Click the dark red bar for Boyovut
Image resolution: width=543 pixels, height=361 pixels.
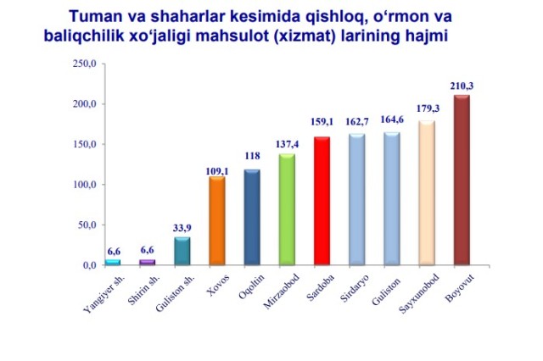(x=462, y=180)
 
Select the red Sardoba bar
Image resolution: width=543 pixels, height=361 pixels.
(x=322, y=201)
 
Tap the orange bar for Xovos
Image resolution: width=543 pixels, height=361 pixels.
(x=217, y=220)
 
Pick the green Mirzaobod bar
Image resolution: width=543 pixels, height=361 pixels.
(x=287, y=209)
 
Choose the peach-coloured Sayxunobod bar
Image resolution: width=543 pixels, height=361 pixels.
(x=427, y=192)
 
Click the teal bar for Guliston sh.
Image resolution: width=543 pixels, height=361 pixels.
(x=182, y=251)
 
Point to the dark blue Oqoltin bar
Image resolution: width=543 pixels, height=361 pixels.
(x=252, y=217)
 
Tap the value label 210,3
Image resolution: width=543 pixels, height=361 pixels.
(x=462, y=86)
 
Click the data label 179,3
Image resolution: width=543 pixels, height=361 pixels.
(x=428, y=108)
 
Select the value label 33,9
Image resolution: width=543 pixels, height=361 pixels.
(x=182, y=228)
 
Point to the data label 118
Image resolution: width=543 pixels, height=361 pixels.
(x=252, y=156)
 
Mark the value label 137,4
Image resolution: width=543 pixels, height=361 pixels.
(x=287, y=144)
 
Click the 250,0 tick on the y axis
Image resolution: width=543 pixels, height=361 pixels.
(x=84, y=64)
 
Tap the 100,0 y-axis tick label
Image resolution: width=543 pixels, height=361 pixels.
(x=84, y=185)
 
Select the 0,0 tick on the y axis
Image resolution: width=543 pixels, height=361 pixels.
(x=89, y=265)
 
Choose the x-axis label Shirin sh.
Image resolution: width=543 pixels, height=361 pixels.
(x=143, y=291)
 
